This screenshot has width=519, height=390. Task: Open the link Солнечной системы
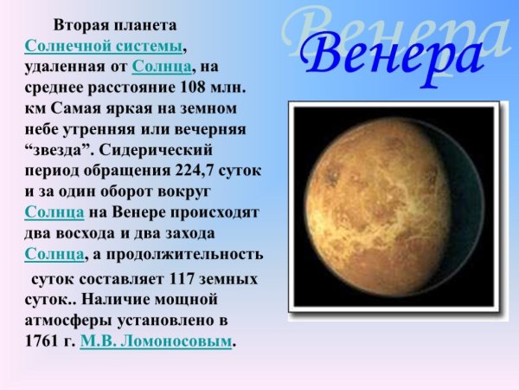(x=104, y=45)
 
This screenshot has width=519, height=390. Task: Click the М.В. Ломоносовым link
(x=156, y=341)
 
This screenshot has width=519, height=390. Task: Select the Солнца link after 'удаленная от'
(x=163, y=66)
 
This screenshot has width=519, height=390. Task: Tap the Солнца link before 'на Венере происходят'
(x=54, y=212)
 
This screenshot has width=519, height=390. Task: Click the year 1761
(x=43, y=342)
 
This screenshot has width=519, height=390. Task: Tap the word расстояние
(x=128, y=88)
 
